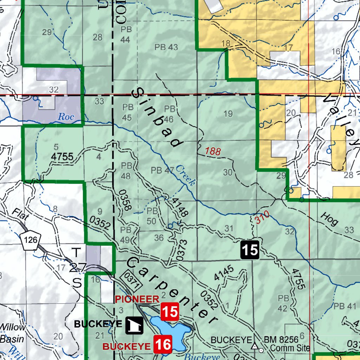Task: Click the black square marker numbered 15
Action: [x=250, y=250]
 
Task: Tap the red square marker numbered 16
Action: [x=163, y=344]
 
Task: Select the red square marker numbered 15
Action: [x=170, y=312]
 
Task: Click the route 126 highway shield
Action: [x=30, y=240]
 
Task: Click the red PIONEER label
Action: [x=137, y=299]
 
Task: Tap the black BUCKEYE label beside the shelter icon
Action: [x=98, y=324]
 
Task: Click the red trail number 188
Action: [x=213, y=152]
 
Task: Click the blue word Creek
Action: [x=185, y=175]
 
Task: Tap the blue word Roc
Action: [x=66, y=116]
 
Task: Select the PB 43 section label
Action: [x=166, y=47]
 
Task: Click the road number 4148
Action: [x=180, y=206]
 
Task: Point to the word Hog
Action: [x=329, y=220]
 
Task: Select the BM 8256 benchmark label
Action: [x=281, y=340]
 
